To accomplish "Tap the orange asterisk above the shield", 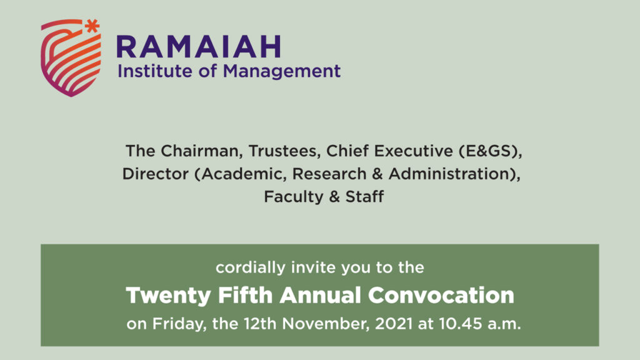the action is [x=92, y=26].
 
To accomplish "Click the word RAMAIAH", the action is [x=199, y=46].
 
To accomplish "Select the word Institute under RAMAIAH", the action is [x=155, y=71].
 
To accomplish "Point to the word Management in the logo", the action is [x=282, y=72].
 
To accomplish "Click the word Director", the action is [x=156, y=174].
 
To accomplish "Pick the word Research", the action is [x=329, y=174].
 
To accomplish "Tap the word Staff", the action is [x=365, y=197].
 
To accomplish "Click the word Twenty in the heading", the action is [x=168, y=296].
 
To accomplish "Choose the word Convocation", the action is [x=441, y=295].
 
